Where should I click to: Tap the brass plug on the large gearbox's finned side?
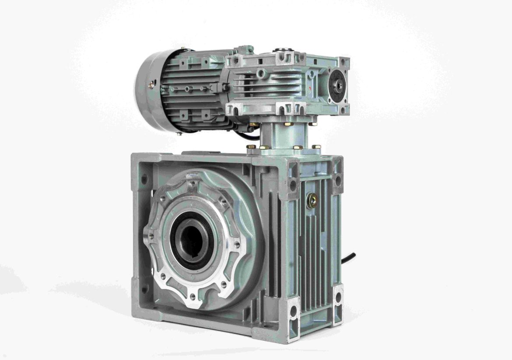click(x=312, y=201)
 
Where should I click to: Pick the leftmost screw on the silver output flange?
click(x=151, y=236)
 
